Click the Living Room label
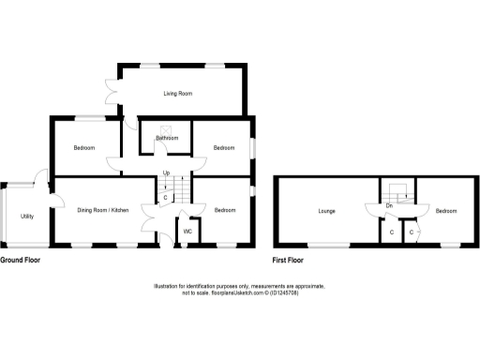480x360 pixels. [178, 94]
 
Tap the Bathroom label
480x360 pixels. [167, 139]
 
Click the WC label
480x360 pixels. [187, 231]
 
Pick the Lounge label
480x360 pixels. [313, 211]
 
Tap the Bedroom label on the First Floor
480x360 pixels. [446, 211]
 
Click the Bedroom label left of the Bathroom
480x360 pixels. [86, 148]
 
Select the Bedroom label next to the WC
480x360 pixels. [223, 210]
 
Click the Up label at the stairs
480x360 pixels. [166, 173]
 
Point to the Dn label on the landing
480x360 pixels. [389, 204]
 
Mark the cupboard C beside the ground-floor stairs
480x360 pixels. [165, 197]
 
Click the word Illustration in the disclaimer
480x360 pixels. [170, 286]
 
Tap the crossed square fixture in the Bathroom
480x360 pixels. [166, 130]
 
